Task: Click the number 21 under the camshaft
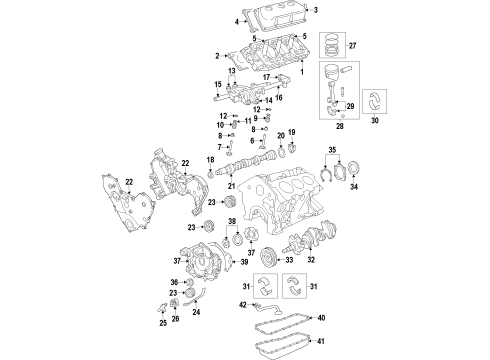coord(231,187)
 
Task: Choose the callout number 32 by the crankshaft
coord(312,258)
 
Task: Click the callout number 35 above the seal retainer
coord(331,150)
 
